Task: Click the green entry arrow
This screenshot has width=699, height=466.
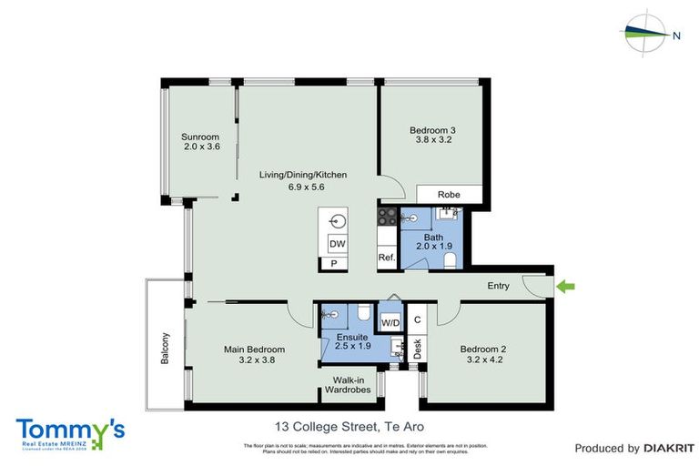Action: coord(566,288)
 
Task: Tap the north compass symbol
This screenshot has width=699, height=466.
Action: coord(649,35)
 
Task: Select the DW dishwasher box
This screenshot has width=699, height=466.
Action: coord(336,244)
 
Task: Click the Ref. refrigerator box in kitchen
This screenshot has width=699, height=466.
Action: coord(386,258)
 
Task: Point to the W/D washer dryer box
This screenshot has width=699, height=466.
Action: coord(390,323)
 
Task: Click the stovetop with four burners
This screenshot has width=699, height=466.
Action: coord(387,217)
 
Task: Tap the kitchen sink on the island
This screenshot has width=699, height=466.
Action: coord(337,221)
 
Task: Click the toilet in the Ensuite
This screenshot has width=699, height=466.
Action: coord(362,314)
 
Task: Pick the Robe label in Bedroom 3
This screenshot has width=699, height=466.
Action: coord(448,195)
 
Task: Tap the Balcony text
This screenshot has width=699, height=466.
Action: coord(166,347)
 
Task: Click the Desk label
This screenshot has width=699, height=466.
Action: coord(418,349)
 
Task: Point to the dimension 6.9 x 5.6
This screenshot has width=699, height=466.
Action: coord(290,187)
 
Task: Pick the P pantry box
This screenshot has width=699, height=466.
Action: coord(334,264)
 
